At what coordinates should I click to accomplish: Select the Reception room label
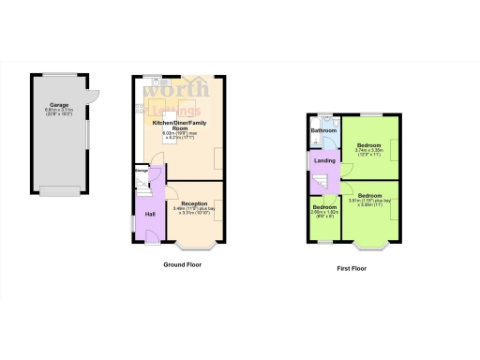pos(194,204)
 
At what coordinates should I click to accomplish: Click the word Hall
pos(149,215)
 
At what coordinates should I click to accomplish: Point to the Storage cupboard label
pos(141,172)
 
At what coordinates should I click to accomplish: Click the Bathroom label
pos(323,130)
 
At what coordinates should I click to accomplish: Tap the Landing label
pos(325,160)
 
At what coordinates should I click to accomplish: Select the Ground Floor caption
pos(182,264)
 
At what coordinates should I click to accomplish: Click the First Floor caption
pos(352,268)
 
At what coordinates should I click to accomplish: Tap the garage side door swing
pos(93,94)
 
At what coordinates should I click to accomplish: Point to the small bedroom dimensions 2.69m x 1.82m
pos(325,213)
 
